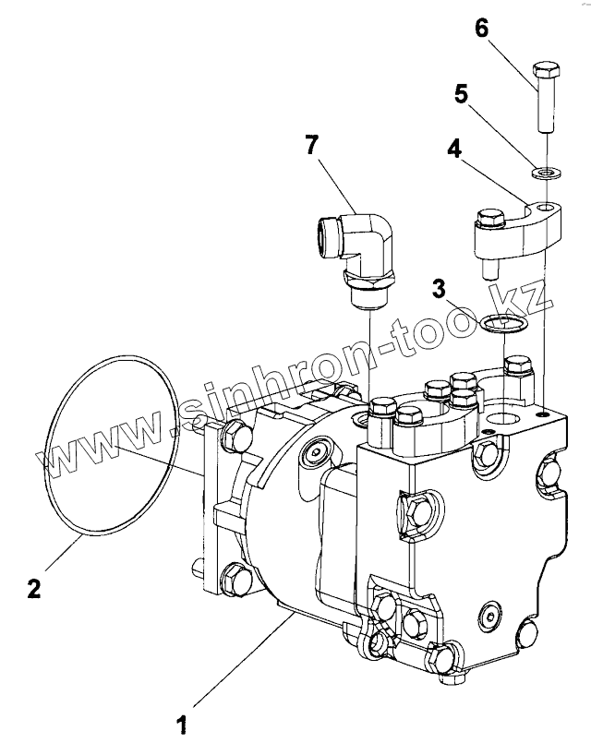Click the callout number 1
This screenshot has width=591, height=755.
(182, 725)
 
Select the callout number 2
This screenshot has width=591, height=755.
(34, 587)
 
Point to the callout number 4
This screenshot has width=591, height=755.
(454, 150)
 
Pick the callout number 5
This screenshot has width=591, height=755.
(461, 94)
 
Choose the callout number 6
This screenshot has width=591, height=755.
(481, 29)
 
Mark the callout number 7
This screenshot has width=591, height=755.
(311, 145)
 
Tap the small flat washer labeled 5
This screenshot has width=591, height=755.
(544, 172)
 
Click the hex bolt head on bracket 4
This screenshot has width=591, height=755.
(489, 218)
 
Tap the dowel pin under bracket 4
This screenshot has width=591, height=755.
(489, 269)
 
